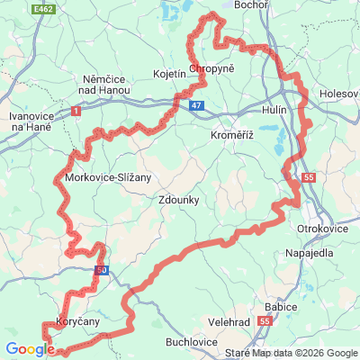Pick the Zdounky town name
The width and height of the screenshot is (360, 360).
[180, 201]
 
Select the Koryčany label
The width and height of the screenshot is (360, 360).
[77, 320]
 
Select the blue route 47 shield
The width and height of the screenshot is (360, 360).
[197, 105]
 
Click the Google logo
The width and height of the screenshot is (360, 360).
[30, 349]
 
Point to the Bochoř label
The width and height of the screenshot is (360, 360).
[249, 5]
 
